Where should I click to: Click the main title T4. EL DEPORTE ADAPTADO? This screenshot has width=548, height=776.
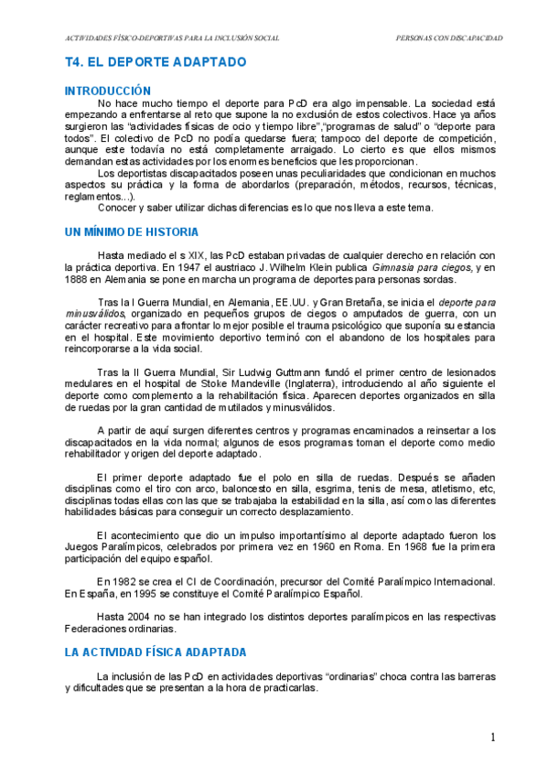pyautogui.click(x=156, y=62)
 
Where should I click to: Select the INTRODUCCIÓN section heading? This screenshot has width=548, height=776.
pyautogui.click(x=107, y=91)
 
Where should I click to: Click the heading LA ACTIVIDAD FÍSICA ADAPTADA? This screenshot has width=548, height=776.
pyautogui.click(x=155, y=653)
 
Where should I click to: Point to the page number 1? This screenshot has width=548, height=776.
pyautogui.click(x=492, y=737)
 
